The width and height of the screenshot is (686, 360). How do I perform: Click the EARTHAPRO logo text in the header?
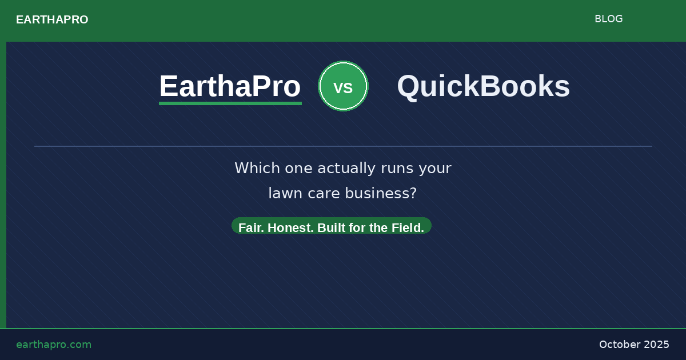point(52,20)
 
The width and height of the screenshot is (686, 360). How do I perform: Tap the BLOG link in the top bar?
point(608,19)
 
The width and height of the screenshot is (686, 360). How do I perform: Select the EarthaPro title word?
point(230,86)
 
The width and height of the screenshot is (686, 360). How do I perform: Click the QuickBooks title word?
point(483,86)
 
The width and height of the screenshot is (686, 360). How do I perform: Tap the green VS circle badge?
point(343,86)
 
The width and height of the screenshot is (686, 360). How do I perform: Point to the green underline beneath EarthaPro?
point(230,103)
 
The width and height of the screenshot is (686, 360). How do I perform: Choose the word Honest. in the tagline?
point(290,227)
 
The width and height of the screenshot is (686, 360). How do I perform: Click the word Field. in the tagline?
point(408,227)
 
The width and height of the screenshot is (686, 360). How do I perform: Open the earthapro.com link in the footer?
point(54,345)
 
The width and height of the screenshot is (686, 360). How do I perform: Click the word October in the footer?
point(619,345)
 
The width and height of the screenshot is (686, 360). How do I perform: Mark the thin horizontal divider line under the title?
point(343,146)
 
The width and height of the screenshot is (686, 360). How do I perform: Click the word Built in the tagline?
point(331,227)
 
